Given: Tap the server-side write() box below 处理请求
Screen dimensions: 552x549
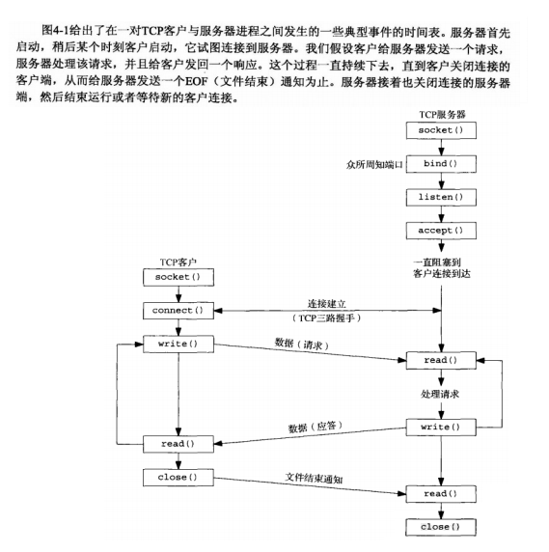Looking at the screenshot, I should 440,426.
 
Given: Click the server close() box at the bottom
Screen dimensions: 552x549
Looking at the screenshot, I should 440,527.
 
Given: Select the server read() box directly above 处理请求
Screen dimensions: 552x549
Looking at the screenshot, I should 440,360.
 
